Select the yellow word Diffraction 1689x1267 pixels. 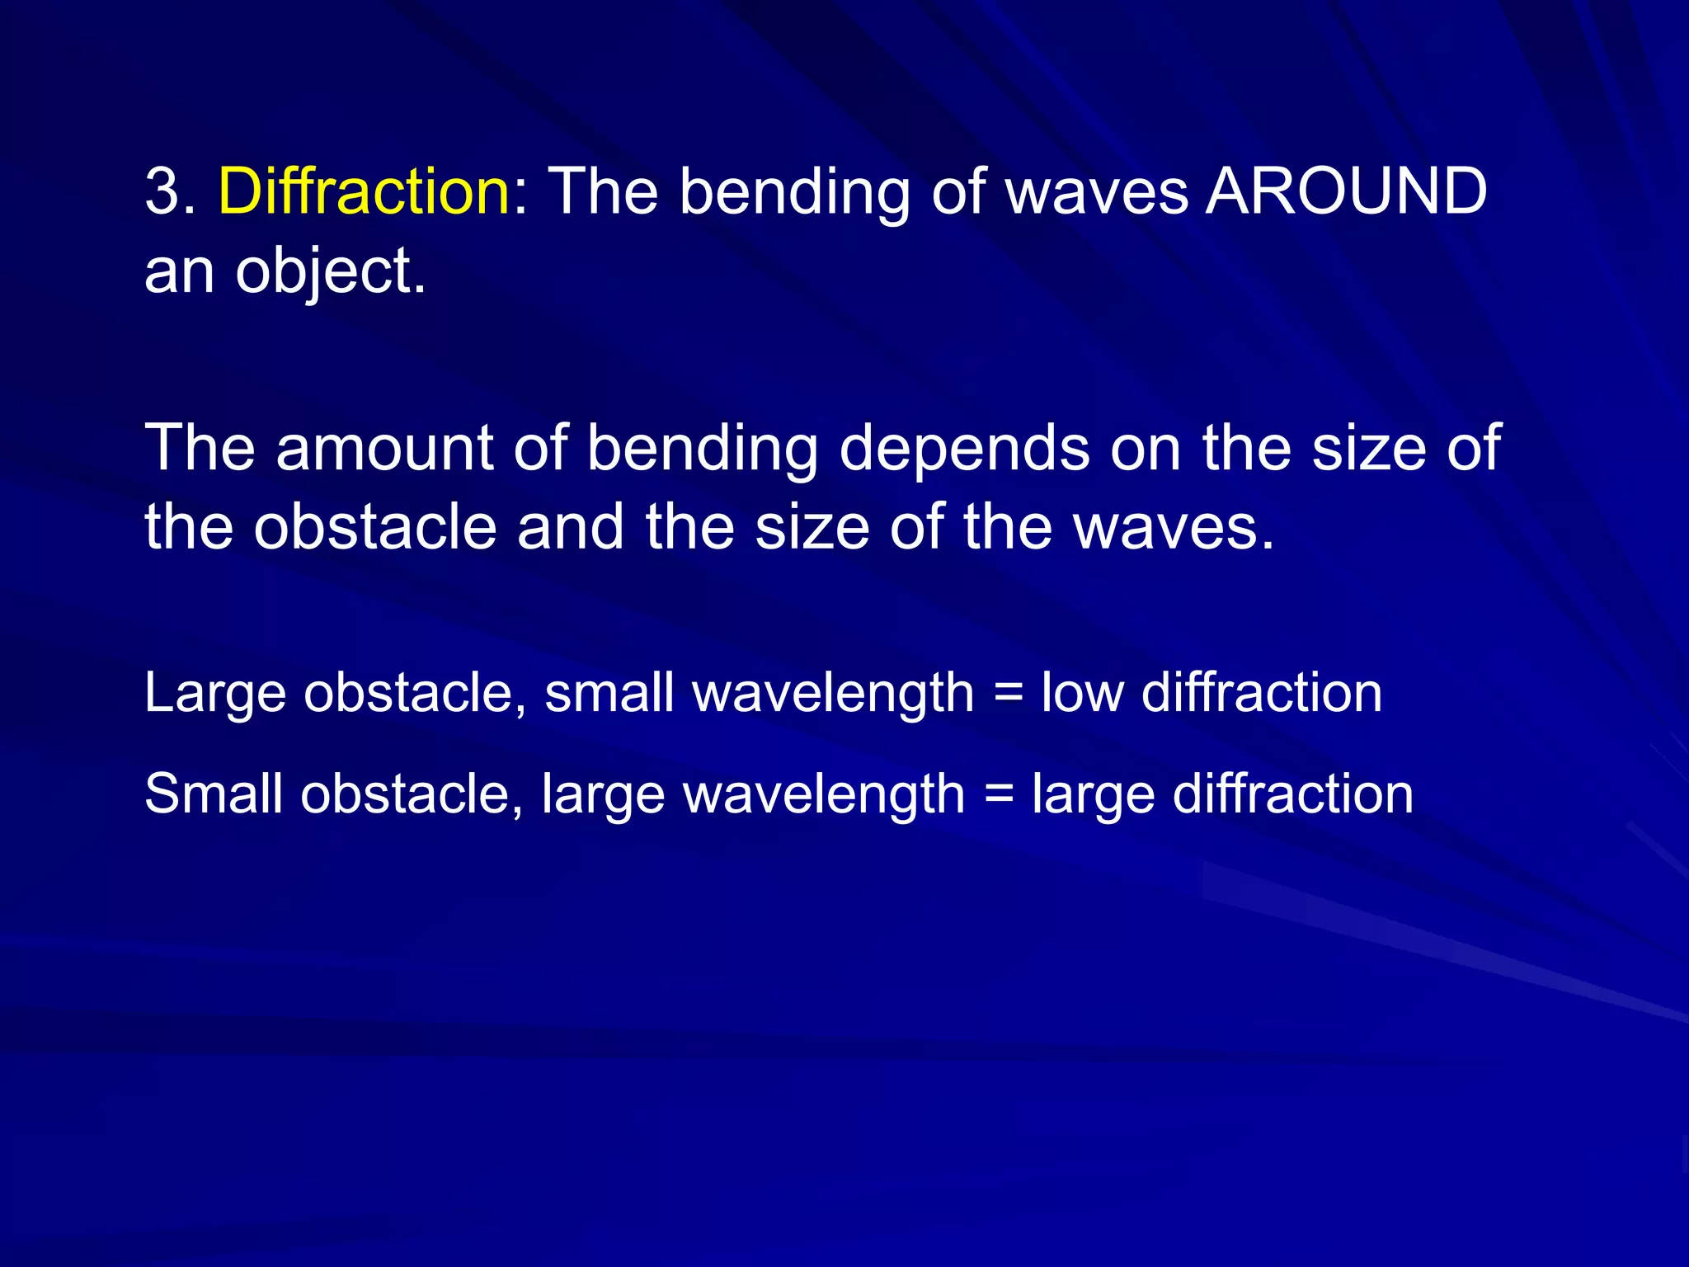[x=364, y=191]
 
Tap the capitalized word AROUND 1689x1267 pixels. [x=1346, y=191]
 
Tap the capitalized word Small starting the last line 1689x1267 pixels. [x=213, y=794]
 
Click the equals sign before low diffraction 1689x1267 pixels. [x=1007, y=693]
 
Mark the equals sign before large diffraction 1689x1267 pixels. [x=998, y=794]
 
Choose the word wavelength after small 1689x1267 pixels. [x=833, y=693]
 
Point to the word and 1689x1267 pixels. [x=570, y=527]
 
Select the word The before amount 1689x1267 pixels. [x=200, y=448]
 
